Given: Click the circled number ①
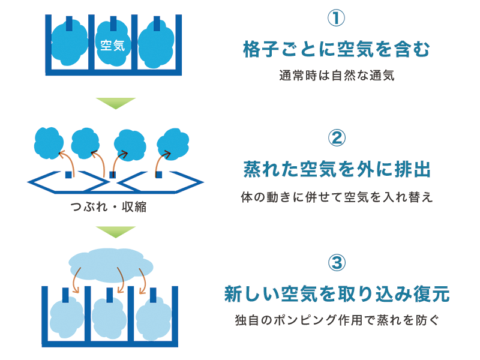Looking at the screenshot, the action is pos(336,18).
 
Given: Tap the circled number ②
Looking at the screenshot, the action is pos(337,138).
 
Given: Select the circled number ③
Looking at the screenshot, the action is pos(337,263).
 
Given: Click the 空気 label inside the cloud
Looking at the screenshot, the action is pos(113,46).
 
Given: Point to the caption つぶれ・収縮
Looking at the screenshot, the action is pos(109,207).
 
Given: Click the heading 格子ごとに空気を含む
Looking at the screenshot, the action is pos(337,49).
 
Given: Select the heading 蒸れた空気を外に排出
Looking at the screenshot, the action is pos(337,169).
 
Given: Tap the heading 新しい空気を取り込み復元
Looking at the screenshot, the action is pos(337,294).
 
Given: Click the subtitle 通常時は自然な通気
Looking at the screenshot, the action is pos(337,76).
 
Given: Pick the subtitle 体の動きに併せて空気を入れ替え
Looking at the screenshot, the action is pos(337,197).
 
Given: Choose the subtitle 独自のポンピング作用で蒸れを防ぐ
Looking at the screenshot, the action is pos(337,320).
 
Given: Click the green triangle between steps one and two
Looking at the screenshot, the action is pos(116,103).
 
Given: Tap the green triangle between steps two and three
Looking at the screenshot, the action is pos(116,232).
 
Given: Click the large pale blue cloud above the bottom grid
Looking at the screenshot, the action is pos(111,264).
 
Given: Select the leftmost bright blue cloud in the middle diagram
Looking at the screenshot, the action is pos(49,143).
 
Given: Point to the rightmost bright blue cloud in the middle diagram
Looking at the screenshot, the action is pos(173,144).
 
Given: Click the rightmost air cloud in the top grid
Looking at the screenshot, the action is pos(156,44).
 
